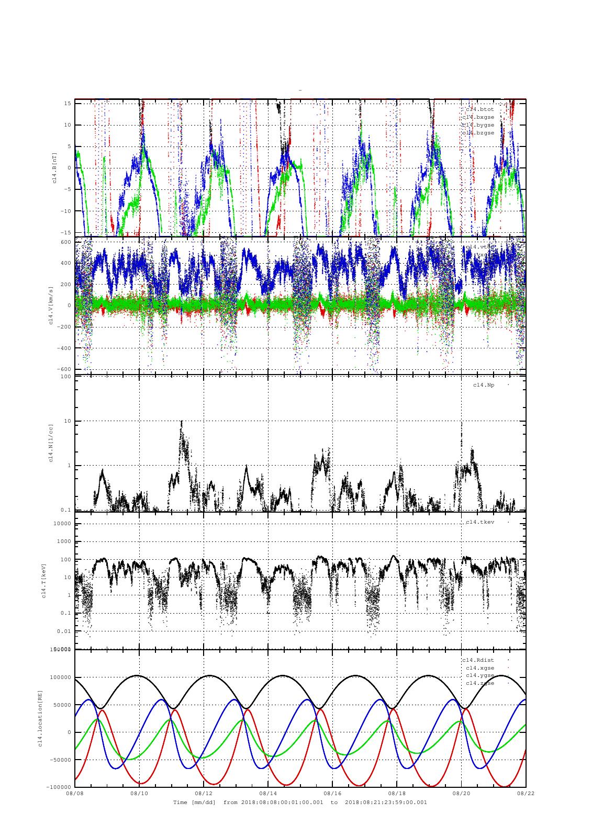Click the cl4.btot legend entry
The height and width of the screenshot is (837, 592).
[480, 109]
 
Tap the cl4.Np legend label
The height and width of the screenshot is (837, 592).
[484, 385]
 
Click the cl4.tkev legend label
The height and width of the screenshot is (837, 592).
[480, 522]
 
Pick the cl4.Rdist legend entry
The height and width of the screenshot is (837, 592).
[478, 660]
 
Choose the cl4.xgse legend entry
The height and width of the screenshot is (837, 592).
[480, 668]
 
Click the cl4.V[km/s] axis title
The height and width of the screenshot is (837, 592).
[51, 305]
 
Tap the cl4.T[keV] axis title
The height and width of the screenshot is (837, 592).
[45, 580]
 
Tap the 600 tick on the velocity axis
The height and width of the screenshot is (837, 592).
[65, 242]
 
